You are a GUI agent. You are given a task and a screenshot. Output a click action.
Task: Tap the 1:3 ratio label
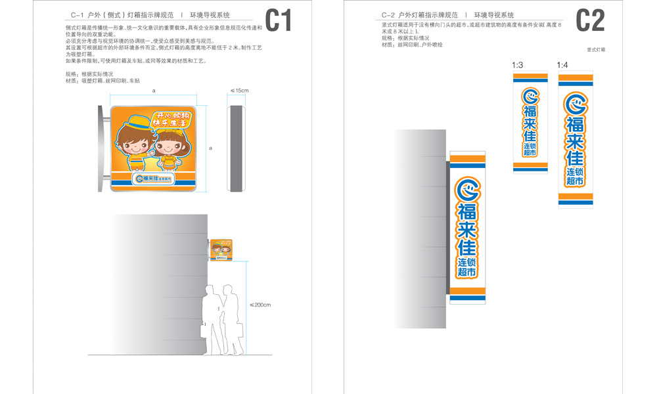tap(517, 65)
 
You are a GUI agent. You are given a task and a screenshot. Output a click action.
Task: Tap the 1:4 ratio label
tap(562, 65)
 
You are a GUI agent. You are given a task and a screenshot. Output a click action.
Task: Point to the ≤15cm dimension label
tap(238, 90)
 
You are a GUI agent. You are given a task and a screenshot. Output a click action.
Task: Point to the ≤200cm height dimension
tap(261, 305)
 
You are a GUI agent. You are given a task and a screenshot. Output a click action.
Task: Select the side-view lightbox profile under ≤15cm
tap(237, 148)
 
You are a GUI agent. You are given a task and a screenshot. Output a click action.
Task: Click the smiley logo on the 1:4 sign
tap(576, 103)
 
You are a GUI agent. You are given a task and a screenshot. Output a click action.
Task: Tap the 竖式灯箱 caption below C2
tap(596, 50)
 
